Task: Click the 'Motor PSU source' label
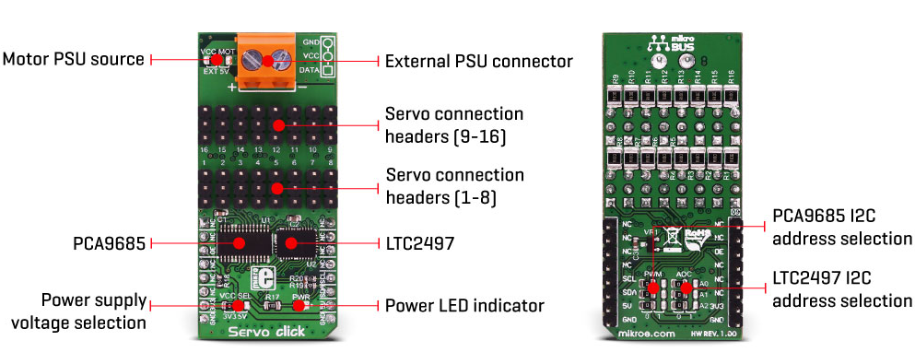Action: (73, 59)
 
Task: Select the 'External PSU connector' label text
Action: (478, 62)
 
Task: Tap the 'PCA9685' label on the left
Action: (110, 243)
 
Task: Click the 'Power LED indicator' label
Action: (464, 304)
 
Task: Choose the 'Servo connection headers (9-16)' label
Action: (454, 125)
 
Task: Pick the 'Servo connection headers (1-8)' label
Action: (454, 185)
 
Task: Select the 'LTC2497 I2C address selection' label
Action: (841, 290)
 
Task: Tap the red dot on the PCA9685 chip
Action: (239, 242)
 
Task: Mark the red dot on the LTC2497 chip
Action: (291, 243)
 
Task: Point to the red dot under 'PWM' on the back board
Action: (653, 288)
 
